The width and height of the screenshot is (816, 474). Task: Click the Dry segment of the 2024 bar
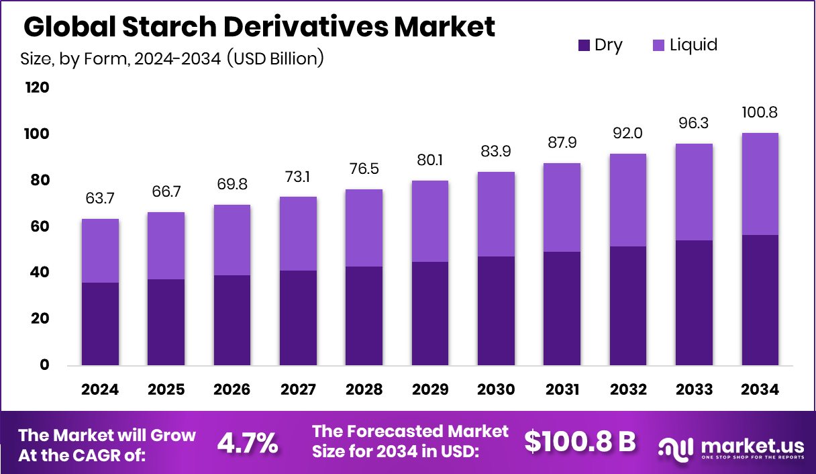pos(100,324)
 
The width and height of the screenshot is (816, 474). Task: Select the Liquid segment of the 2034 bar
pos(760,184)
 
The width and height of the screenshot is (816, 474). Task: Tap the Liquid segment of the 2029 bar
pos(430,221)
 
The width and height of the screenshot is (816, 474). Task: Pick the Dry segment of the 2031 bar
pos(562,308)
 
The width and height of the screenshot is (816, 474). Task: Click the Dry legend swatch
pos(583,46)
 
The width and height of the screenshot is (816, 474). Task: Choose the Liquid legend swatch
pos(658,46)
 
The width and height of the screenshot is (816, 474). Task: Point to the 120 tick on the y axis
pos(37,88)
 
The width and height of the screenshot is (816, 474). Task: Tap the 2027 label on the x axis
pos(298,390)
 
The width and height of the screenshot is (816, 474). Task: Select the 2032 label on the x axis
pos(628,390)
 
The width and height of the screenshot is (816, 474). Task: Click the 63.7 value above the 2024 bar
pos(100,199)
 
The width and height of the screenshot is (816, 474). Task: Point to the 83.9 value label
pos(496,152)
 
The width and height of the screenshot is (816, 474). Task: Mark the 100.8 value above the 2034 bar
pos(760,112)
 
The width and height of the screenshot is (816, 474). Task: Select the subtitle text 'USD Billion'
pos(276,58)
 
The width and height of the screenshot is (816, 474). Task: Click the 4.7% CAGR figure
pos(248,442)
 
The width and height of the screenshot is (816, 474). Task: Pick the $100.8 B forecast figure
pos(580,441)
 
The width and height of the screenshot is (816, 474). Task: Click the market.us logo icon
pos(674,446)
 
